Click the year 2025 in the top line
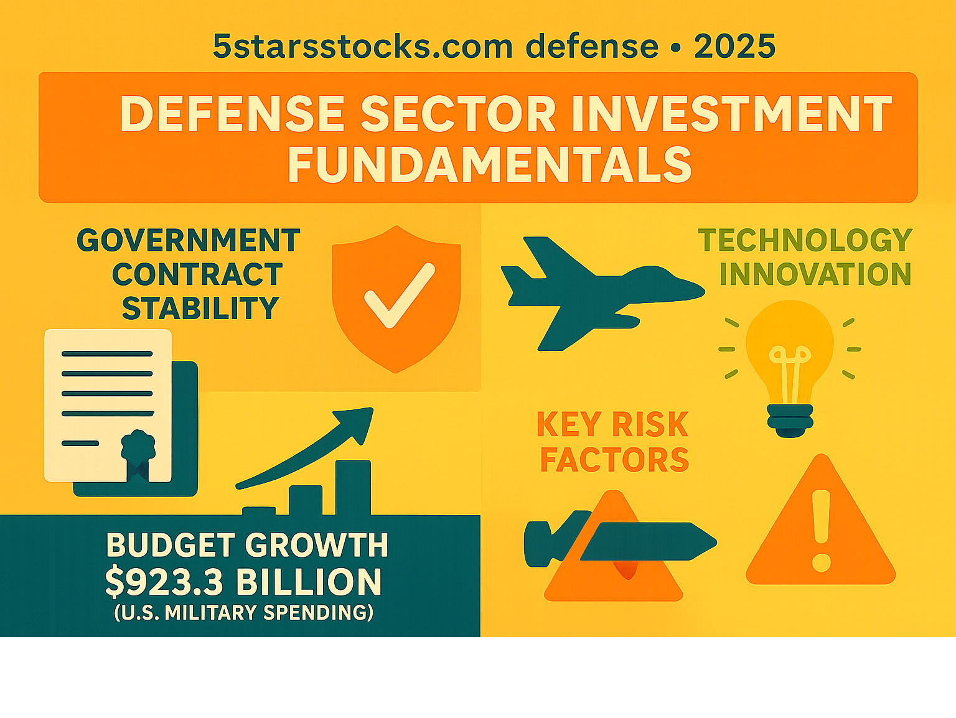[734, 46]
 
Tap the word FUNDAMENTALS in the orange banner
[490, 165]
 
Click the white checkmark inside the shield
[400, 295]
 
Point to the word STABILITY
[200, 308]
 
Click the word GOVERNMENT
[188, 240]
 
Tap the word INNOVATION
[815, 274]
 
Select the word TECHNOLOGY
[805, 240]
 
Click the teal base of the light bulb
[790, 421]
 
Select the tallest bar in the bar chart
[353, 488]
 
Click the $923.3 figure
[164, 582]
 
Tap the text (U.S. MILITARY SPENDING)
[244, 613]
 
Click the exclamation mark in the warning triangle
[822, 531]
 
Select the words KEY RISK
[612, 424]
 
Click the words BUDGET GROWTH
[247, 545]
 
